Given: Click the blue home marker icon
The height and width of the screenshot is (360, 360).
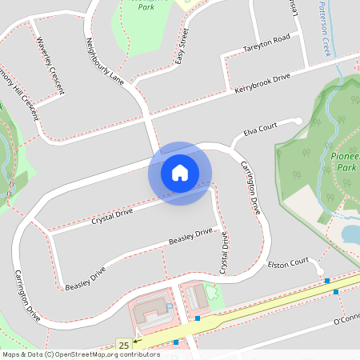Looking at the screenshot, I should pos(180,173).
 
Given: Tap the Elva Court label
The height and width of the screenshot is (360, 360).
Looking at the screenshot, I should pos(261,128).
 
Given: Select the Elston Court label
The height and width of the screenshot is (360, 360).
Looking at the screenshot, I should pos(288,262).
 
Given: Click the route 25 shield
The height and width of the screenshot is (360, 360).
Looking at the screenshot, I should pos(123,344).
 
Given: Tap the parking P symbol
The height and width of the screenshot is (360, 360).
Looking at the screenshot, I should pos(169,306).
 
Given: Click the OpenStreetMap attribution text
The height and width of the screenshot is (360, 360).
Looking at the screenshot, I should pos(81,354).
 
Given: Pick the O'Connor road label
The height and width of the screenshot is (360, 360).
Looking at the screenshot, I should pos(346,322).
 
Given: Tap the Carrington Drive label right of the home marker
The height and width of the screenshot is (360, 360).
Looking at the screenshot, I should pos(250,187).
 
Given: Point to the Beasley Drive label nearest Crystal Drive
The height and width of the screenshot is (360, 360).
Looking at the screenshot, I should pos(190,237).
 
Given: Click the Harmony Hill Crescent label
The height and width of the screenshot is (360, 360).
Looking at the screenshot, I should pos(19,96).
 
